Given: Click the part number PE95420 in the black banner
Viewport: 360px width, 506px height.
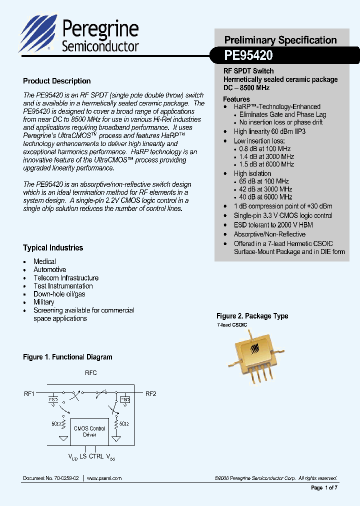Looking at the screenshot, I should click(248, 55).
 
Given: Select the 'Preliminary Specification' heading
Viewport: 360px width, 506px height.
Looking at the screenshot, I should click(280, 40).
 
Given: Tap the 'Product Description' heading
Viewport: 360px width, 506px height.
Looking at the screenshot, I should click(57, 81).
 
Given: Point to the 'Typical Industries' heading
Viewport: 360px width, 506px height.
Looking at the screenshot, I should click(53, 248).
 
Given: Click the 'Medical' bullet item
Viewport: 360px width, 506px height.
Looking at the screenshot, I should click(44, 261).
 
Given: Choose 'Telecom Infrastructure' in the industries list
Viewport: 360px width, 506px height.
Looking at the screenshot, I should click(66, 278).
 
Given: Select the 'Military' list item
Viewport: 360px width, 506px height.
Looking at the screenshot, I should click(43, 302).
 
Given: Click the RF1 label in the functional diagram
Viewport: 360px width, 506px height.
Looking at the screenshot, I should click(29, 393).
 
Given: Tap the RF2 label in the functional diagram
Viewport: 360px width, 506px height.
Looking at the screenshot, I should click(150, 393).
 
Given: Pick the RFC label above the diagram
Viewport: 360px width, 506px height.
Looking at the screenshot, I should click(90, 373).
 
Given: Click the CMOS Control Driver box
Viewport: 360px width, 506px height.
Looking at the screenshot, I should click(89, 431).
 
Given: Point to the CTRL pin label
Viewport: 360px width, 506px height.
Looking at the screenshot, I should click(96, 456).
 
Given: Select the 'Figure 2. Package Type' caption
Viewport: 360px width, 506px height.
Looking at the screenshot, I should click(252, 316).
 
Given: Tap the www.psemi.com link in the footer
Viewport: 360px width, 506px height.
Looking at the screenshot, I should click(104, 478).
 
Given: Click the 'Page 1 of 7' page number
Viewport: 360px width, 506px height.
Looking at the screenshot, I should click(324, 487).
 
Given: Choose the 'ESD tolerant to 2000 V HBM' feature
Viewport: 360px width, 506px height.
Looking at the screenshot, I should click(273, 225).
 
